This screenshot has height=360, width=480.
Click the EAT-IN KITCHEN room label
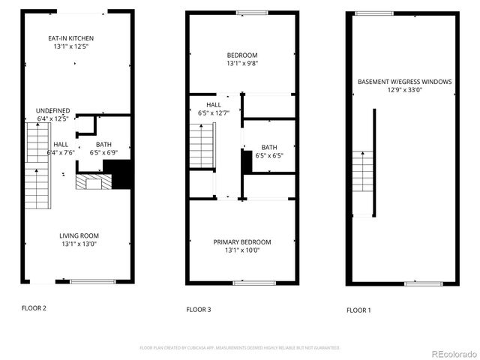click(x=70, y=38)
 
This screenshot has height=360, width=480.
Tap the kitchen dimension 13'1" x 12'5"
click(x=70, y=47)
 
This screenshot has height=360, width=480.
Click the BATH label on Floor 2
click(x=105, y=145)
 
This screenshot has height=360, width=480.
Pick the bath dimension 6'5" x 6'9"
click(x=105, y=153)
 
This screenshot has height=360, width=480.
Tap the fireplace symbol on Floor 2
click(x=93, y=182)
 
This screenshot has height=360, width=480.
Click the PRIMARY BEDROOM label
click(x=242, y=242)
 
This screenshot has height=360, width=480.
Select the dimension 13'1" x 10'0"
click(x=242, y=250)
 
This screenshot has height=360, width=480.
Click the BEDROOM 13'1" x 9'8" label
click(x=242, y=55)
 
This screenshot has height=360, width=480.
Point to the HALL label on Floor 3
click(x=214, y=105)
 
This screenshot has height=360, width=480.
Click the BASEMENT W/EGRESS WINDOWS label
click(x=405, y=82)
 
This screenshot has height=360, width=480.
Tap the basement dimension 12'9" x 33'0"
click(x=405, y=90)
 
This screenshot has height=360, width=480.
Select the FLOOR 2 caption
click(x=34, y=308)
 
